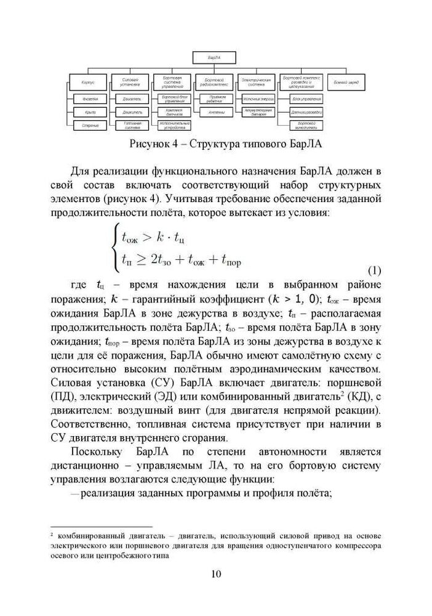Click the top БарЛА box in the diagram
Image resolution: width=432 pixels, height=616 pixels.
pos(215,58)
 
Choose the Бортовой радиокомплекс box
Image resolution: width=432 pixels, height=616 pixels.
pos(215,82)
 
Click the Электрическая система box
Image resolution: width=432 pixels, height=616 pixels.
pos(257,82)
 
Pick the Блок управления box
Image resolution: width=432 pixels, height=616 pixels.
pos(302,99)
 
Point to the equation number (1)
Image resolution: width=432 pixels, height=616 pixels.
pos(374,272)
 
